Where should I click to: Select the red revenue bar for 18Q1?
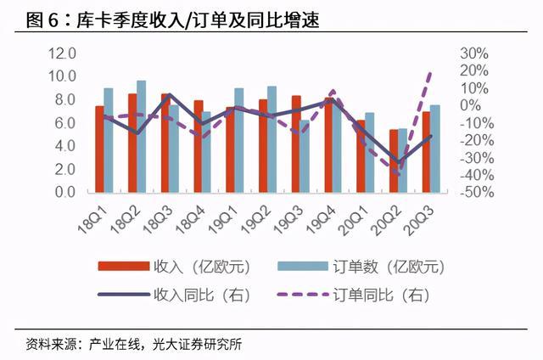tap(99, 149)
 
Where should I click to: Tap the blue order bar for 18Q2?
tap(142, 137)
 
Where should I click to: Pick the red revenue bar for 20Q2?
tap(393, 161)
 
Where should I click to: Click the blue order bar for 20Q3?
tap(435, 149)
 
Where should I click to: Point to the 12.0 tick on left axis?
tap(61, 53)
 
